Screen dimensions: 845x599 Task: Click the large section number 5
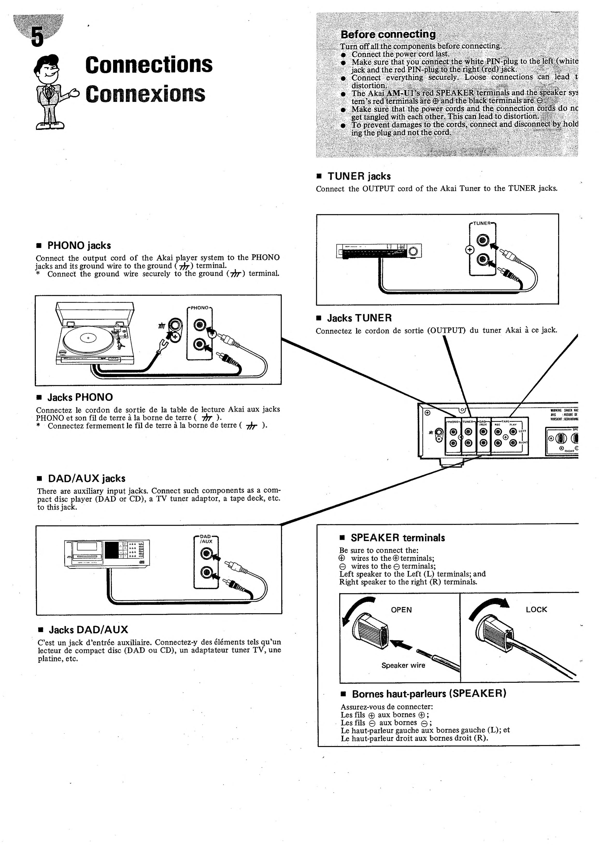[37, 37]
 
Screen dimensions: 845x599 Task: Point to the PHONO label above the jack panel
[200, 307]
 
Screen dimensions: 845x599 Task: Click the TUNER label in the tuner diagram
[482, 223]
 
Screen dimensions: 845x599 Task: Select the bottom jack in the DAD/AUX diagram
[206, 572]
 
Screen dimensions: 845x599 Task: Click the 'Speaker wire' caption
[403, 665]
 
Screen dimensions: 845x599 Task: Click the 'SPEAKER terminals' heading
[398, 538]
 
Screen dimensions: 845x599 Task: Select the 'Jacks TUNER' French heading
[359, 318]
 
